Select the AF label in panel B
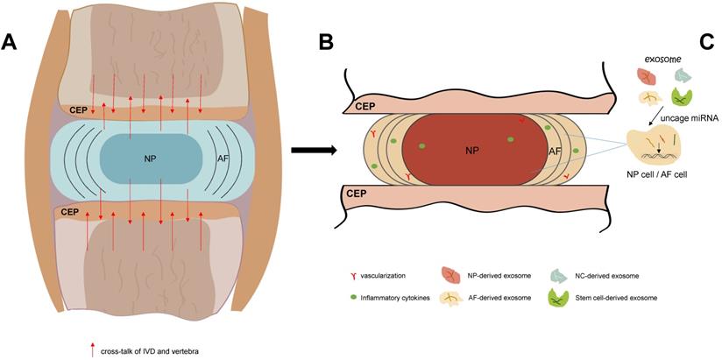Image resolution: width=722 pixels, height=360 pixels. pos(555,152)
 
